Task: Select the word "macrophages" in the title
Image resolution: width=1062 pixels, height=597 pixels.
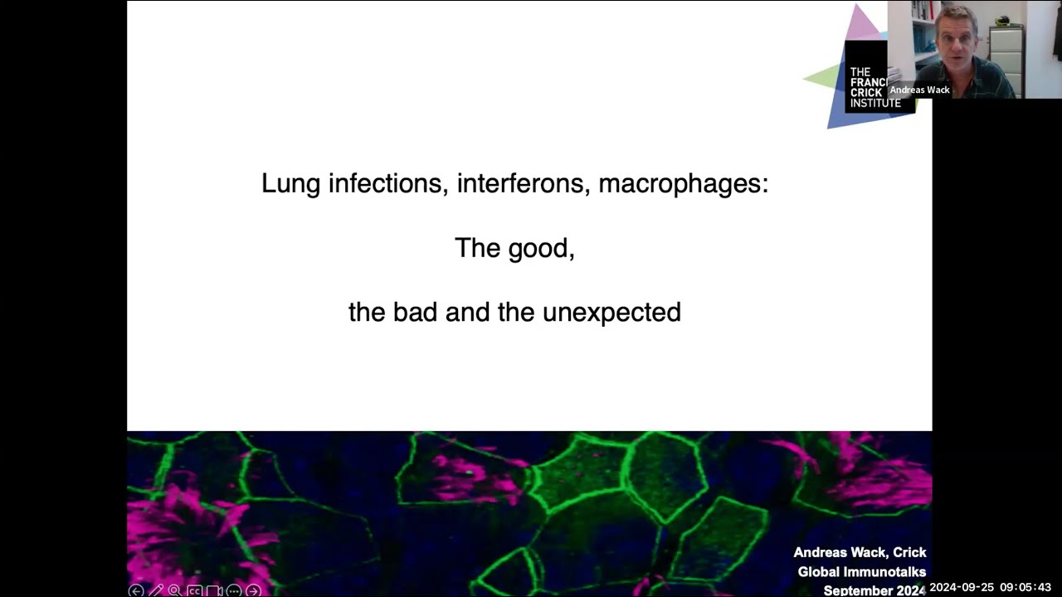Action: coord(682,183)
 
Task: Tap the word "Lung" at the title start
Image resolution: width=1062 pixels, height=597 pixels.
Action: coord(290,183)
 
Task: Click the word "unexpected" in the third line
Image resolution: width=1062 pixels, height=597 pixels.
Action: coord(611,313)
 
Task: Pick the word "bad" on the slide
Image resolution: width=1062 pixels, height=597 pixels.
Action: coord(415,313)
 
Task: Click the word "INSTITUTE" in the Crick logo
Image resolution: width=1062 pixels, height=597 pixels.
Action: coord(874,104)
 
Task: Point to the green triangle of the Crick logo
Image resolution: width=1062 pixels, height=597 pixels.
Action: coord(826,78)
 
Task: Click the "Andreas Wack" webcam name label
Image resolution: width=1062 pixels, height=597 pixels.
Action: coord(919,90)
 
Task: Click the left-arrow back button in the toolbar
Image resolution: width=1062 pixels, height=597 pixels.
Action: coord(136,590)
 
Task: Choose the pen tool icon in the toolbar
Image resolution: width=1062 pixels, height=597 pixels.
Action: coord(155,590)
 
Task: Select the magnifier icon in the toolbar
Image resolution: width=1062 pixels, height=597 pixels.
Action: coord(174,590)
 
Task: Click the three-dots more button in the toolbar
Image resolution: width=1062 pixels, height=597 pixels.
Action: coord(233,590)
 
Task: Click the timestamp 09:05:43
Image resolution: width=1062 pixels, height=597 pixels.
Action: coord(1025,588)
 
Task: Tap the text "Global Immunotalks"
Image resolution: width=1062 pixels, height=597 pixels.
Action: coord(861,571)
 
